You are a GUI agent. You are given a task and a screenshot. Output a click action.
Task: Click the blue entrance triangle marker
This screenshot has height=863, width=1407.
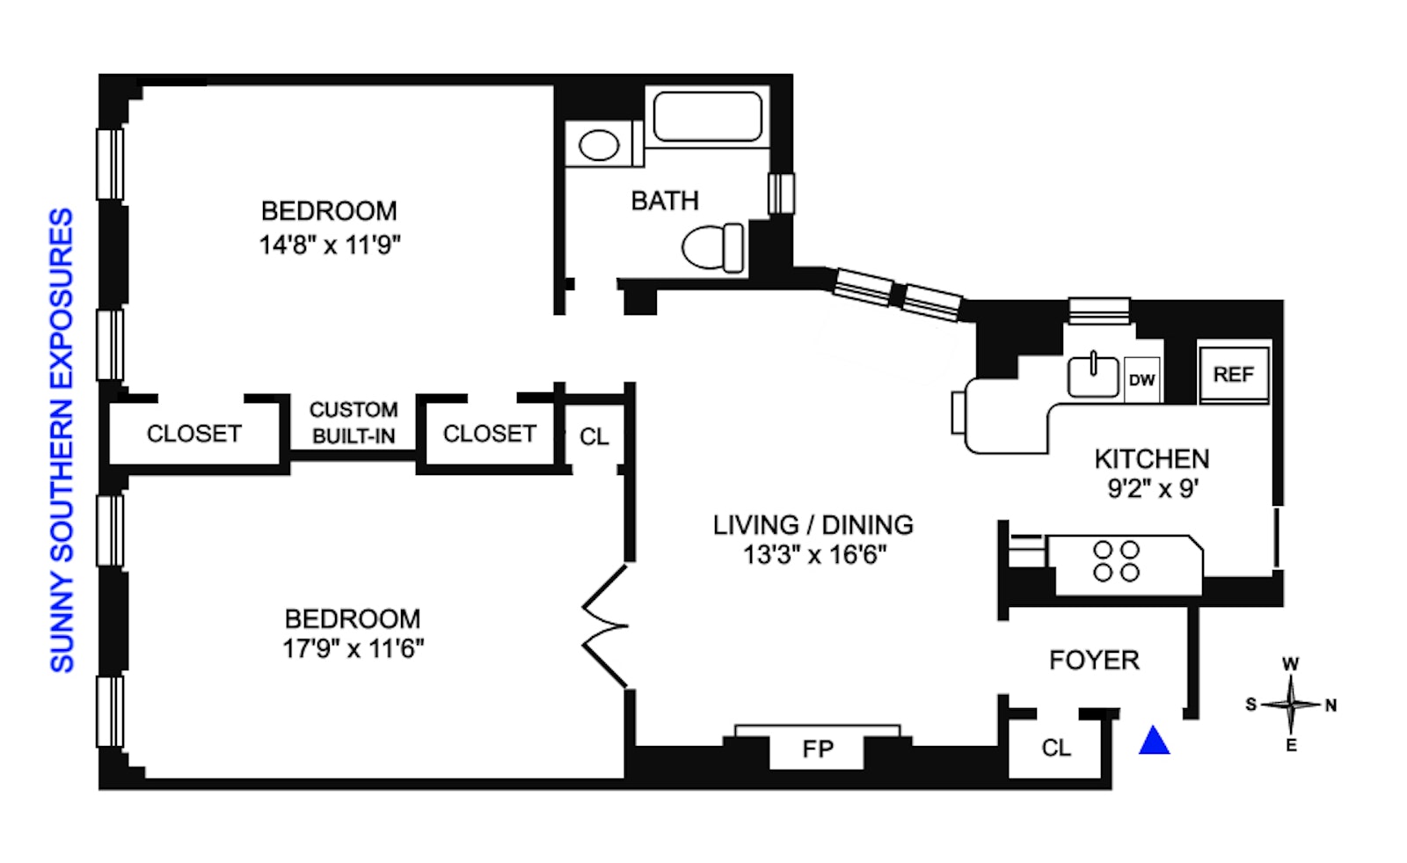point(1154,742)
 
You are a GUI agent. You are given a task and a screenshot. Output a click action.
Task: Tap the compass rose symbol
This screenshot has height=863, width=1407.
point(1290,705)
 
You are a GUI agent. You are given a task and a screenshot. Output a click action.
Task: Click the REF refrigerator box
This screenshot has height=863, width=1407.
point(1233,375)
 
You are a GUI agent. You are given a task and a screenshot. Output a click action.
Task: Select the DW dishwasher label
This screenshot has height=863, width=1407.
point(1141,380)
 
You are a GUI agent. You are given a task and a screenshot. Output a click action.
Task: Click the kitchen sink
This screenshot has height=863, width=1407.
point(1093,376)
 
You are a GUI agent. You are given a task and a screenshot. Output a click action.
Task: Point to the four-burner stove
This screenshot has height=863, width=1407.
point(1116,561)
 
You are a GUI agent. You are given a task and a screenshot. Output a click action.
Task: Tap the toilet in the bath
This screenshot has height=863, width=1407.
point(713,247)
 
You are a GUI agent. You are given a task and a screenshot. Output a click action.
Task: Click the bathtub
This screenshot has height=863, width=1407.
point(707,116)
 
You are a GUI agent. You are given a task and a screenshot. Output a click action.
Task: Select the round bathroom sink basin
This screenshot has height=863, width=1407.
point(599,145)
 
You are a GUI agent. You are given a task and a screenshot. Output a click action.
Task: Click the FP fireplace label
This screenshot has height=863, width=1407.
point(817,750)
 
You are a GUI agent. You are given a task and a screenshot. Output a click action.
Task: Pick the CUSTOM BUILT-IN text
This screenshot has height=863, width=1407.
point(354,423)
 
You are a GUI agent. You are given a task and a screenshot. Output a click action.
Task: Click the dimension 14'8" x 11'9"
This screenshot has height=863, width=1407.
point(329,245)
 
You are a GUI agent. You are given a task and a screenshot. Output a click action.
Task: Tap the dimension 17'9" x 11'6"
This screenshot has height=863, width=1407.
point(353,649)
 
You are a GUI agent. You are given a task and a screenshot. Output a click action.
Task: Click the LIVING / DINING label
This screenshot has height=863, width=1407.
point(813,525)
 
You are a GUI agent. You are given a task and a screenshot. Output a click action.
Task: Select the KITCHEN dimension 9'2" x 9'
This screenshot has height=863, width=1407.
point(1152,488)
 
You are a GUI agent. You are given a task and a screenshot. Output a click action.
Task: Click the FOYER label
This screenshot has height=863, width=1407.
point(1093,661)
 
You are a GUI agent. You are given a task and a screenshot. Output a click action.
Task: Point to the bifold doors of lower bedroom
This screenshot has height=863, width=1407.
point(606,626)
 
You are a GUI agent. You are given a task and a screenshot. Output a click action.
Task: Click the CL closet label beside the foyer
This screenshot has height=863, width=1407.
point(1055,749)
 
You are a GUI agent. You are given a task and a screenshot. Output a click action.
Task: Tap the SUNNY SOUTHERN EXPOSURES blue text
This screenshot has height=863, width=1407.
point(61,440)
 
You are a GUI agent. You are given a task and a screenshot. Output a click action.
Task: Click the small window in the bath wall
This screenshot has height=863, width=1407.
point(781,194)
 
